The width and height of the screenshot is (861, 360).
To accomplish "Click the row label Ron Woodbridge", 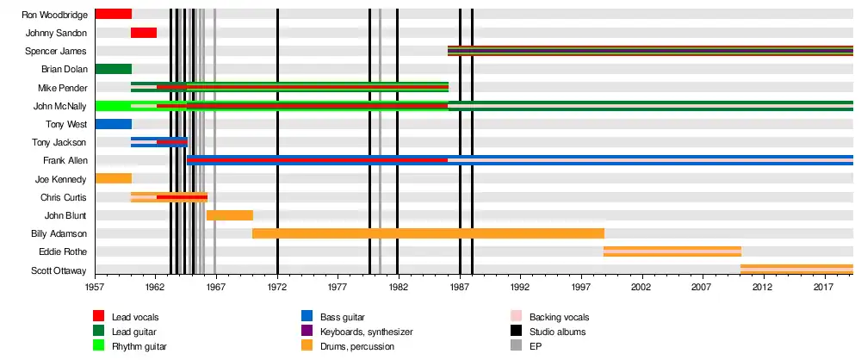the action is click(x=55, y=15).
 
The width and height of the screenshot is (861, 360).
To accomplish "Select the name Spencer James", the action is click(x=56, y=51).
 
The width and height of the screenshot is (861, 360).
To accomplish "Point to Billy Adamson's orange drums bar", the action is click(x=428, y=233).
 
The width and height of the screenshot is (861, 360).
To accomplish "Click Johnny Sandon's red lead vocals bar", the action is click(x=144, y=33).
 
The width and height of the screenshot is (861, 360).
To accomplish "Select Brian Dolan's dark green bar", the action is click(x=113, y=69).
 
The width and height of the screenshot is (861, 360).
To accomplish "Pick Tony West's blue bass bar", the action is click(x=113, y=124).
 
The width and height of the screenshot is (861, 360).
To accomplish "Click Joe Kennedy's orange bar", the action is click(x=113, y=178).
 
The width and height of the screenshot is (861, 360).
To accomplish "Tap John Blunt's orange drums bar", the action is click(x=230, y=215).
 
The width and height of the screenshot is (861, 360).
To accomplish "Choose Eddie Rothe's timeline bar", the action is click(x=672, y=251).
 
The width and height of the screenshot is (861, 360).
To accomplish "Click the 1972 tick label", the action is click(x=277, y=288).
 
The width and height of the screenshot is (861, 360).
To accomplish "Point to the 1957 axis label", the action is click(x=95, y=288).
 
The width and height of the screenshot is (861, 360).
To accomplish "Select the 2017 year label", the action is click(x=823, y=288).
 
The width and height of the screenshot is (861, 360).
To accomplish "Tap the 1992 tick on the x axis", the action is click(x=520, y=288).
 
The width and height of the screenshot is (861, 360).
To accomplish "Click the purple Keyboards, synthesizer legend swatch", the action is click(x=307, y=331).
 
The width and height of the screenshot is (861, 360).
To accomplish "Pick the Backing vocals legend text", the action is click(x=559, y=317).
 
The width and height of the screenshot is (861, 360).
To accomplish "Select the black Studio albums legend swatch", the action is click(x=516, y=331).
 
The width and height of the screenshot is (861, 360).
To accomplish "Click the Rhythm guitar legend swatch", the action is click(x=98, y=345).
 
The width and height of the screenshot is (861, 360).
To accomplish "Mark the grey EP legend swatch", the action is click(x=516, y=345).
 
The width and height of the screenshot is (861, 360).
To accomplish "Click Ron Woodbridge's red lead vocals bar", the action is click(x=113, y=15).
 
